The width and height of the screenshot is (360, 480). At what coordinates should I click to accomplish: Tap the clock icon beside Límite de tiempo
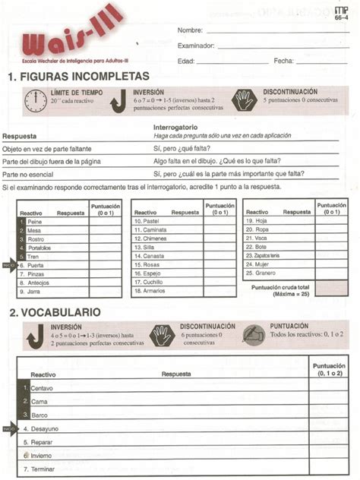[x=35, y=100]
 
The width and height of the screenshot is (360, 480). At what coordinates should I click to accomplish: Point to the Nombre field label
[x=190, y=30]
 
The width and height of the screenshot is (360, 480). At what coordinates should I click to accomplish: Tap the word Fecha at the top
[x=283, y=61]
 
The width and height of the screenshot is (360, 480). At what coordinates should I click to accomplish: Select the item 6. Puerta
[x=35, y=265]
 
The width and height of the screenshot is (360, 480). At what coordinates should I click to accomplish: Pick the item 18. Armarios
[x=150, y=291]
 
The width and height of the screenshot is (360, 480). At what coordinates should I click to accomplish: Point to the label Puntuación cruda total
[x=280, y=287]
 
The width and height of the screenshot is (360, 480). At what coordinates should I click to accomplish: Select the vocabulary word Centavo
[x=42, y=388]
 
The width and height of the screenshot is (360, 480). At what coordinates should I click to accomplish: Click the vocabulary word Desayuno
[x=45, y=428]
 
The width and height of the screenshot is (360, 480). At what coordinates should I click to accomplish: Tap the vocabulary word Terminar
[x=43, y=469]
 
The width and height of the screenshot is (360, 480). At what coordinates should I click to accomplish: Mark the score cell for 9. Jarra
[x=106, y=291]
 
